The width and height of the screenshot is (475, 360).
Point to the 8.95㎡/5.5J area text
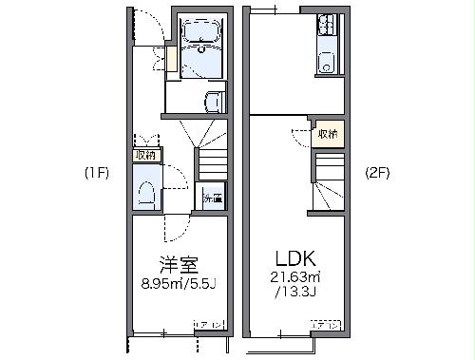pyautogui.click(x=178, y=281)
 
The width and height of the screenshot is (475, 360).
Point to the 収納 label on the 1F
pyautogui.click(x=145, y=155)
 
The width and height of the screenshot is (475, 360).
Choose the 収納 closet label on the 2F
pyautogui.click(x=328, y=134)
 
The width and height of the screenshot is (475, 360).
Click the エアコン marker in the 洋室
pyautogui.click(x=209, y=326)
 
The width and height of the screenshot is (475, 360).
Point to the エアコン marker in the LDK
pyautogui.click(x=326, y=326)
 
